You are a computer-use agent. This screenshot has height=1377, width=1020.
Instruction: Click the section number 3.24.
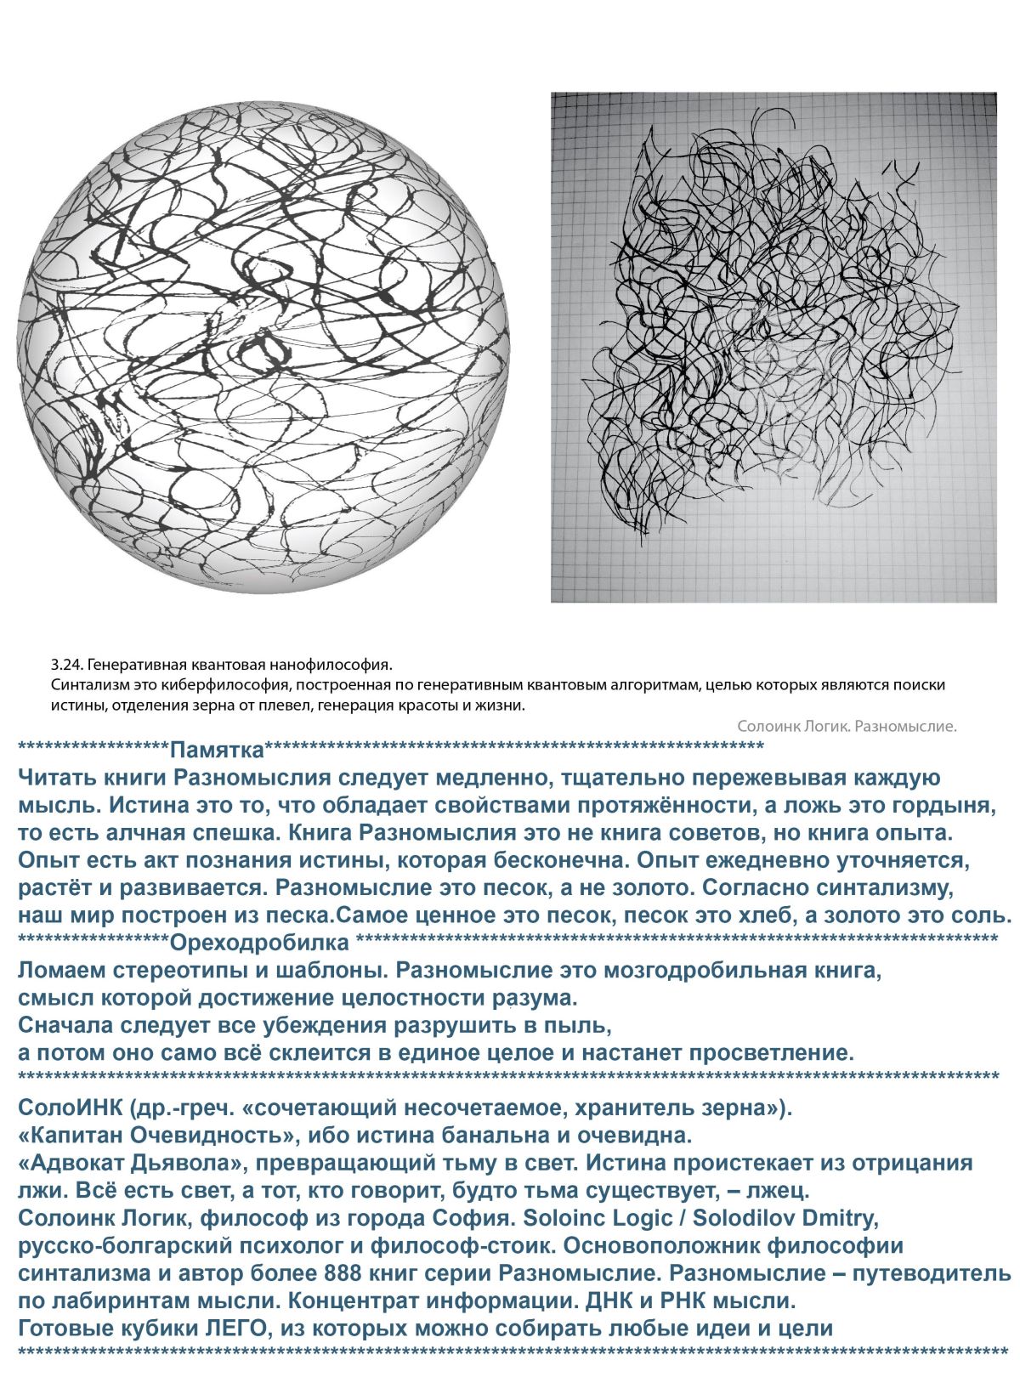click(x=65, y=665)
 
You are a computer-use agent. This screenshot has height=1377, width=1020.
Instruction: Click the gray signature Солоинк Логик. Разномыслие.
click(x=847, y=726)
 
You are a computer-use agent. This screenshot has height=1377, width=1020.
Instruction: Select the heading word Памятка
click(x=217, y=751)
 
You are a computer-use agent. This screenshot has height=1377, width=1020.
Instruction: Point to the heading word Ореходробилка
click(x=259, y=943)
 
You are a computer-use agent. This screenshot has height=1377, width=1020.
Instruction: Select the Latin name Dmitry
click(x=846, y=1218)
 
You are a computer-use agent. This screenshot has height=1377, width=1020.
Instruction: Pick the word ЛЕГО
click(x=229, y=1328)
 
